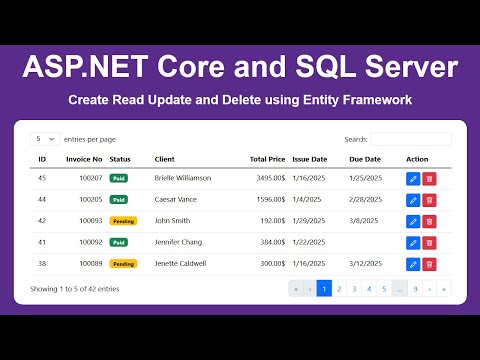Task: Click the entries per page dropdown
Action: pos(44,139)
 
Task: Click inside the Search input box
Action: pos(410,139)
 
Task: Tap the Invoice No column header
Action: pos(84,159)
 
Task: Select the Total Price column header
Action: pos(267,159)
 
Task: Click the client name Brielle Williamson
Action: pos(183,178)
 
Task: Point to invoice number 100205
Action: pos(91,199)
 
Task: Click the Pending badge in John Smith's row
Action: pos(123,221)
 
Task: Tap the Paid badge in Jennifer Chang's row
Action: pos(119,242)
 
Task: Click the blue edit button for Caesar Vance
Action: pos(413,199)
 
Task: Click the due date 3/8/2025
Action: pos(364,221)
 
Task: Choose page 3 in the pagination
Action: pos(354,289)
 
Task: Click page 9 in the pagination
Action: pos(415,289)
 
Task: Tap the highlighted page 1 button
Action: pos(324,289)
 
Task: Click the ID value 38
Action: pos(42,264)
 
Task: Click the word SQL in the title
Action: pos(300,68)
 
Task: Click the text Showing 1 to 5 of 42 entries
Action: pos(75,289)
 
